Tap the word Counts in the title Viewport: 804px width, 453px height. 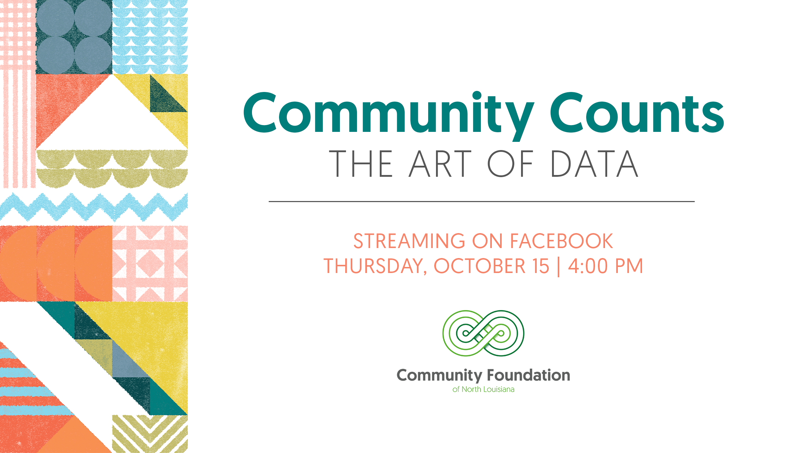pyautogui.click(x=637, y=113)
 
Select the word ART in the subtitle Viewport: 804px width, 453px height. pyautogui.click(x=440, y=164)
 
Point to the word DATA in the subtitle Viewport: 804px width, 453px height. pyautogui.click(x=594, y=164)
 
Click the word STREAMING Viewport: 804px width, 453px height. pyautogui.click(x=409, y=241)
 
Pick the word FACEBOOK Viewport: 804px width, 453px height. pyautogui.click(x=562, y=241)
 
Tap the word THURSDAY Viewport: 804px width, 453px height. pyautogui.click(x=375, y=267)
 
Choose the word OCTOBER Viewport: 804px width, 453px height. pyautogui.click(x=479, y=266)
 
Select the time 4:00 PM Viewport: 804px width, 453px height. pyautogui.click(x=605, y=266)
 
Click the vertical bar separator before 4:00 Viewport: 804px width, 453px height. pyautogui.click(x=558, y=267)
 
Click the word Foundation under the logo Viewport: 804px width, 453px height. pyautogui.click(x=528, y=375)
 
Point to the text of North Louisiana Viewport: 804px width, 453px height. pyautogui.click(x=483, y=390)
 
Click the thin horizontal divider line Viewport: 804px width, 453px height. pyautogui.click(x=482, y=201)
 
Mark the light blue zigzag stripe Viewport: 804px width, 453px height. pyautogui.click(x=94, y=207)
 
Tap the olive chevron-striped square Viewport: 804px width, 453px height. pyautogui.click(x=150, y=434)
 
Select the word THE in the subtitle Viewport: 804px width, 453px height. pyautogui.click(x=361, y=164)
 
